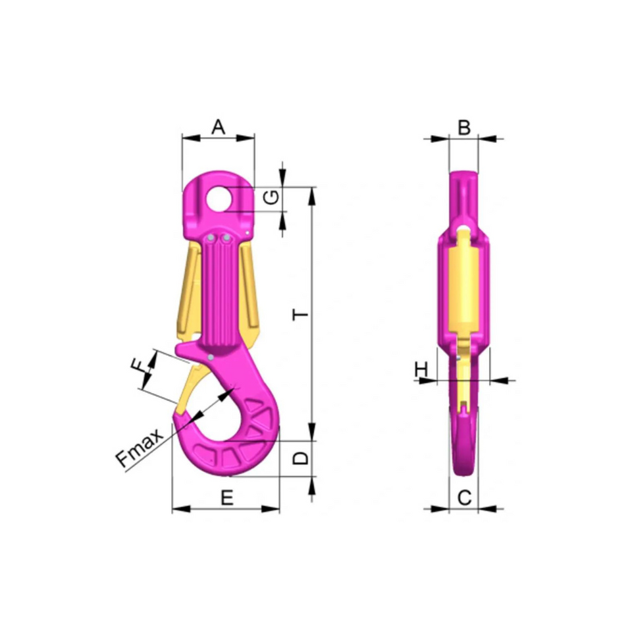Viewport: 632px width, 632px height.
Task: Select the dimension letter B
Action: [x=463, y=127]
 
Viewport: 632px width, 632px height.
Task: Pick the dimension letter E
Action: [x=226, y=498]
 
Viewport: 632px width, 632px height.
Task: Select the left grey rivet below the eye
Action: [x=210, y=238]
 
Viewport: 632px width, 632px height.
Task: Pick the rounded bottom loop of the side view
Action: [x=464, y=448]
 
